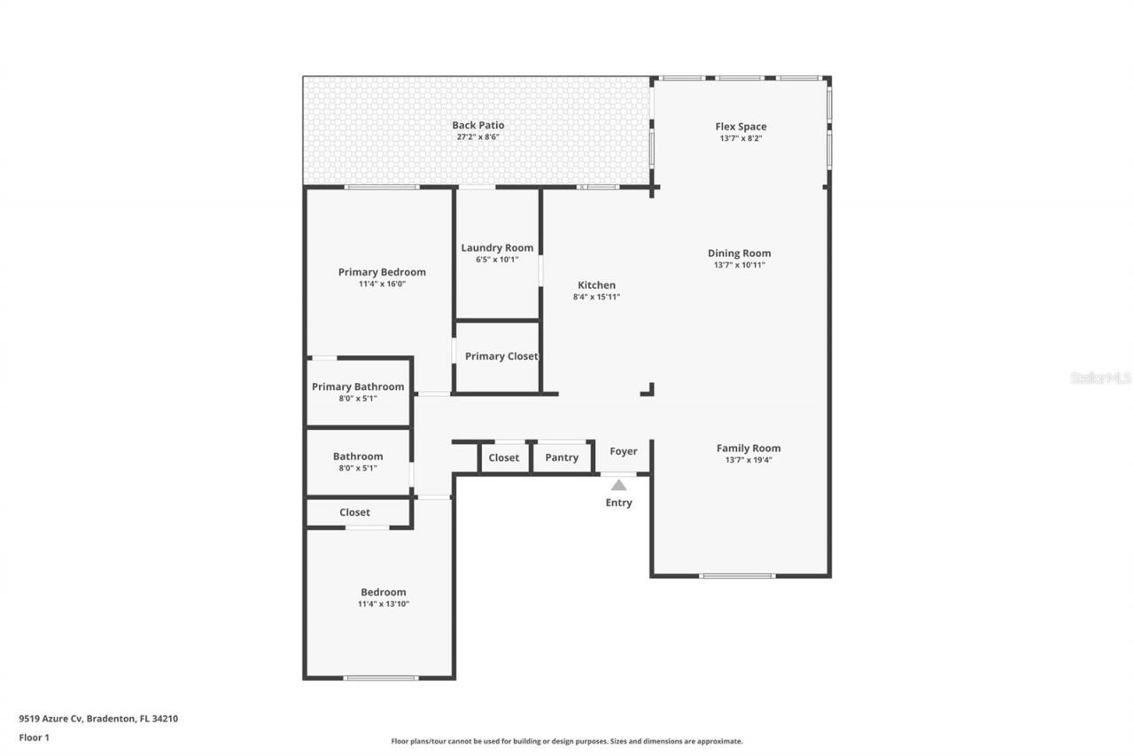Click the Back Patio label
pos(478,125)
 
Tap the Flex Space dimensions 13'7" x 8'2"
pos(741,138)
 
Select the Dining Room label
pos(739,253)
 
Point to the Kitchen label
pos(596,284)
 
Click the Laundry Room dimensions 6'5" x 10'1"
pos(497,260)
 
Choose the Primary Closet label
pos(501,356)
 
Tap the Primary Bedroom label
pos(382,272)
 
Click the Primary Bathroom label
pos(358,386)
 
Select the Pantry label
pos(562,457)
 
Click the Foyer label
pos(623,451)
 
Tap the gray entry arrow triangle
pos(618,485)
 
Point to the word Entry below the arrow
pos(618,503)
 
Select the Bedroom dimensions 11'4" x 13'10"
pos(383,604)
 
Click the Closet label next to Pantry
pos(503,457)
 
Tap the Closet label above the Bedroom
pos(354,512)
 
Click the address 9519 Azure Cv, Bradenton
pos(98,719)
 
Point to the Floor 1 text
pos(35,737)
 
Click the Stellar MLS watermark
pos(1100,378)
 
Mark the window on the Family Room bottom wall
pos(736,576)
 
